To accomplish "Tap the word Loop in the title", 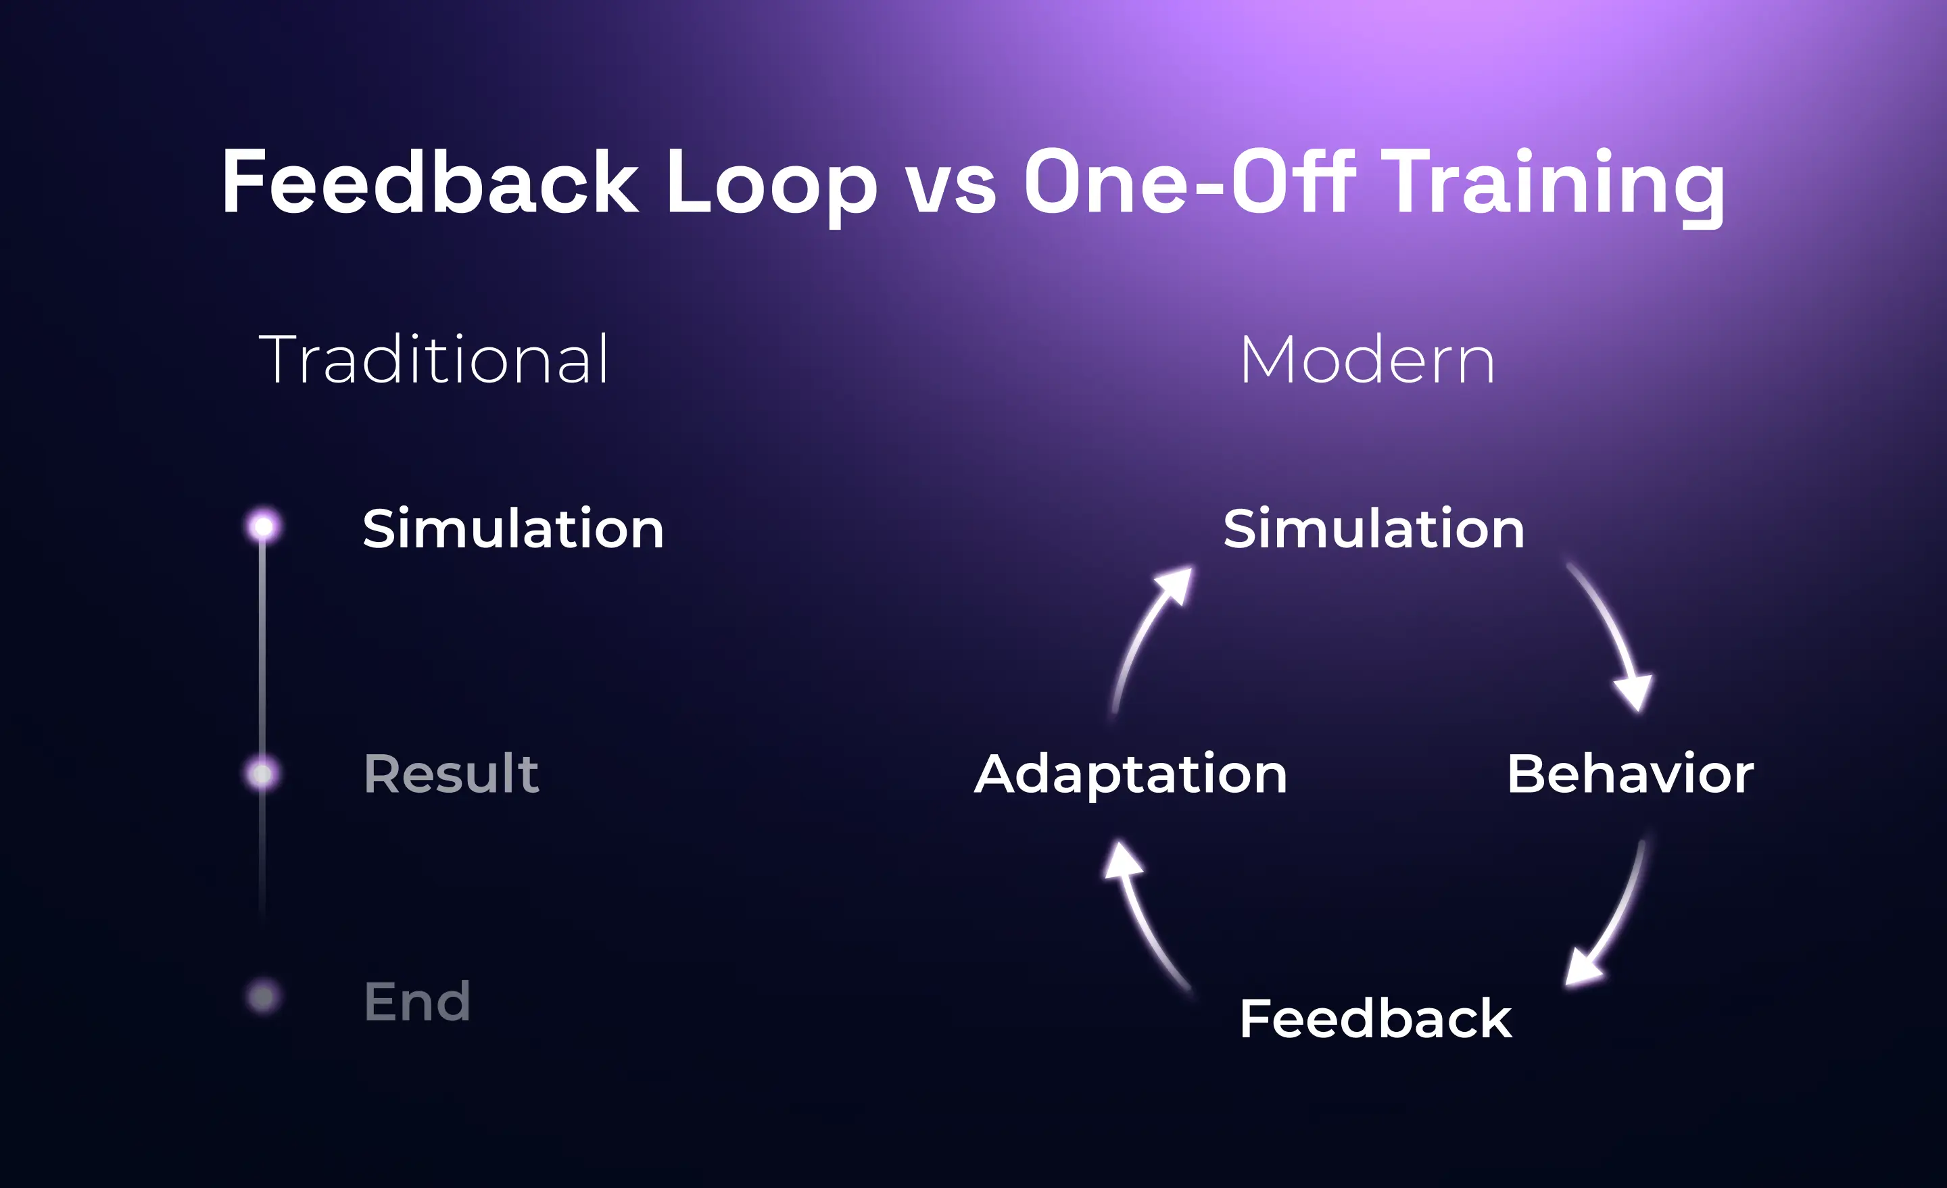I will [x=771, y=183].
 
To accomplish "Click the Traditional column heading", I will [x=435, y=360].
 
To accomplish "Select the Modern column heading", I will [x=1367, y=360].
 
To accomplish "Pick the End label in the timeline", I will [x=417, y=1001].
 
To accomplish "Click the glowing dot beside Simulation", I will [x=263, y=526].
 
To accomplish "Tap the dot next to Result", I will [x=263, y=773].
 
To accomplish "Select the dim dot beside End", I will [x=263, y=997].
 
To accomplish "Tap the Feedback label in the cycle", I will [x=1375, y=1018].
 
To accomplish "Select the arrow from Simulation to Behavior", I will [x=1612, y=632].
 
